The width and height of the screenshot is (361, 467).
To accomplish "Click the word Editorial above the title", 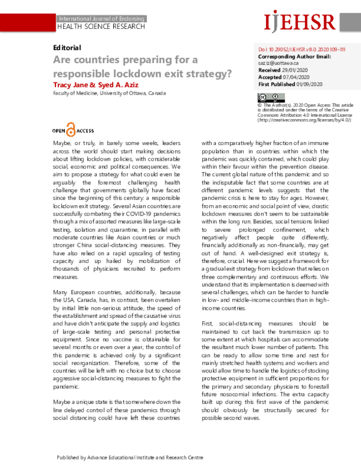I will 67,48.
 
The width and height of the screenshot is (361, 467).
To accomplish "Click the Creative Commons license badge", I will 266,97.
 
